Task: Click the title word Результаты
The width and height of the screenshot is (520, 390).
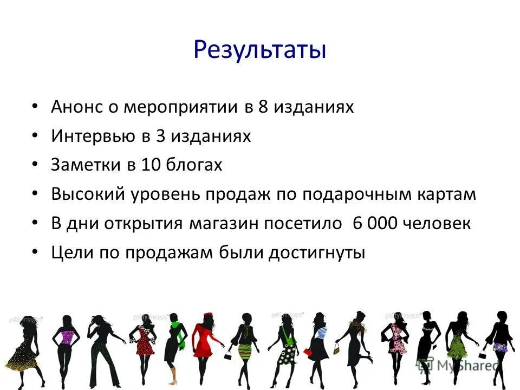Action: tap(259, 50)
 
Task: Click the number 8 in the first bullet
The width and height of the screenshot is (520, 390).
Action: tap(263, 107)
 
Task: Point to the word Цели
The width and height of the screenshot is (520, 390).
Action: tap(70, 253)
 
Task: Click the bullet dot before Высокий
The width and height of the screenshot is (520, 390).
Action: tap(35, 194)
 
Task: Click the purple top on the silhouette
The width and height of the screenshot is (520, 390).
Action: tap(66, 338)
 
